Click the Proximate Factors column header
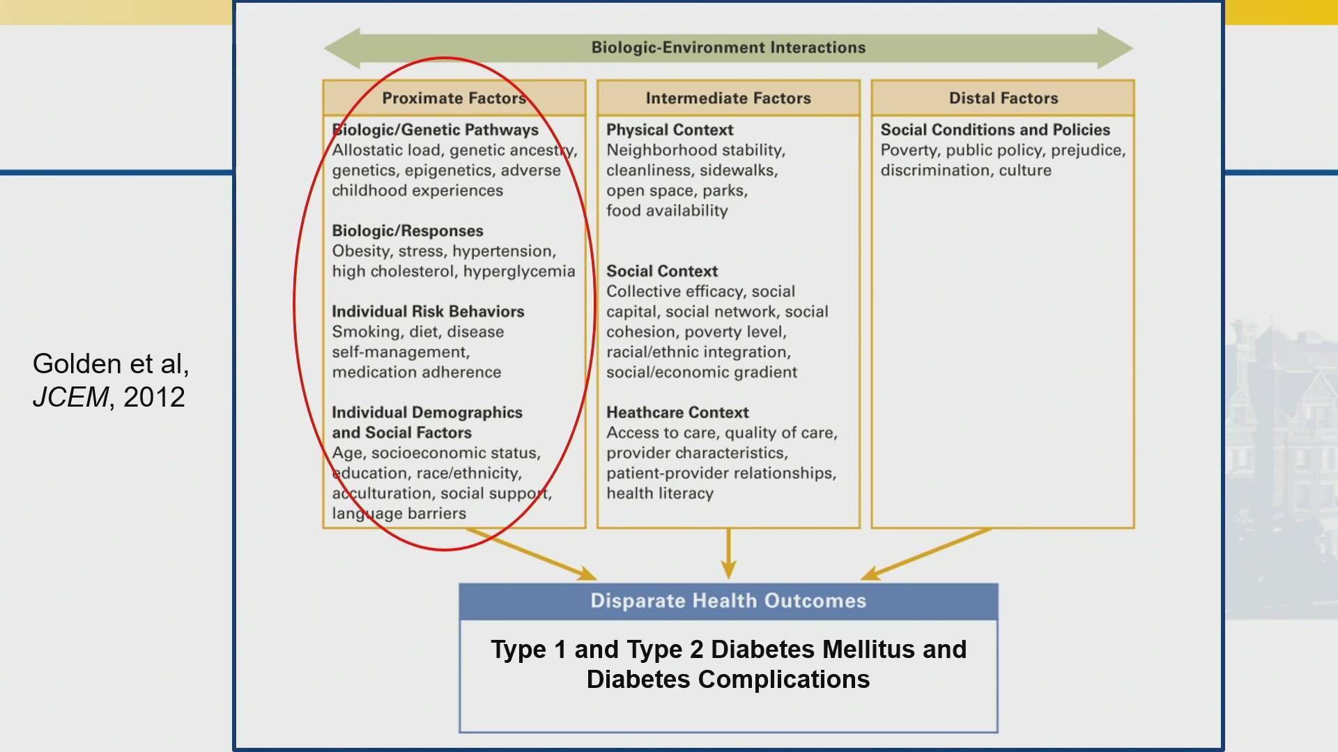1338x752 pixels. click(x=454, y=98)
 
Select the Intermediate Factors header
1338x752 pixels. click(x=728, y=98)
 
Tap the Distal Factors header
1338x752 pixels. click(x=1003, y=98)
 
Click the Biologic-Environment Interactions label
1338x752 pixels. click(x=728, y=47)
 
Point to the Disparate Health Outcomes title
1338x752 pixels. click(x=728, y=601)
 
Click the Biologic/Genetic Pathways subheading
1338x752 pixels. click(x=436, y=130)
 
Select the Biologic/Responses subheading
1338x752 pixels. click(x=408, y=231)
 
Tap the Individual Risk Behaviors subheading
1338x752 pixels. click(x=428, y=311)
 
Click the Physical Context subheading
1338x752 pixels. click(x=670, y=130)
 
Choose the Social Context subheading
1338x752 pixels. click(x=662, y=271)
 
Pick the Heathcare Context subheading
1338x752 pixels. click(x=677, y=412)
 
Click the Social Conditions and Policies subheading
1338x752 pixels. click(x=995, y=130)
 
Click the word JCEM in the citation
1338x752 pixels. click(x=70, y=397)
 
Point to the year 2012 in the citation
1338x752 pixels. click(x=154, y=397)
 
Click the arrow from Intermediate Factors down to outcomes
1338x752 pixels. click(x=728, y=554)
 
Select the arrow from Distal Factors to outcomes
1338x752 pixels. click(x=926, y=554)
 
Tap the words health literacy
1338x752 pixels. click(x=660, y=494)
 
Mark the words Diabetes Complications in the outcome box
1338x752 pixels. click(x=728, y=679)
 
